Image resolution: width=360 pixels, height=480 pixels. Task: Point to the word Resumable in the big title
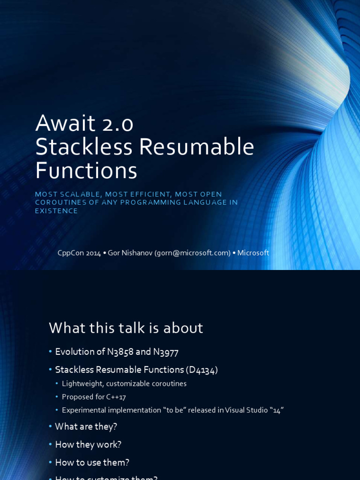[196, 147]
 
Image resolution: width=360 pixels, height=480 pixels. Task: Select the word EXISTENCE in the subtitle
[56, 211]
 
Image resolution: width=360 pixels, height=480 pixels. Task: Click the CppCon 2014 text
[79, 253]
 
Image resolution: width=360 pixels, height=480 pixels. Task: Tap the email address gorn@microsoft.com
[193, 253]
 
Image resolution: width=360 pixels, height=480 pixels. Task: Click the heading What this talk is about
[126, 328]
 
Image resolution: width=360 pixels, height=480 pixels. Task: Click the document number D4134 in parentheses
[202, 370]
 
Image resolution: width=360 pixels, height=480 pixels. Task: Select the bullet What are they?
[86, 427]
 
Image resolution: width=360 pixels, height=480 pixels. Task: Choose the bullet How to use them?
[92, 463]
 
